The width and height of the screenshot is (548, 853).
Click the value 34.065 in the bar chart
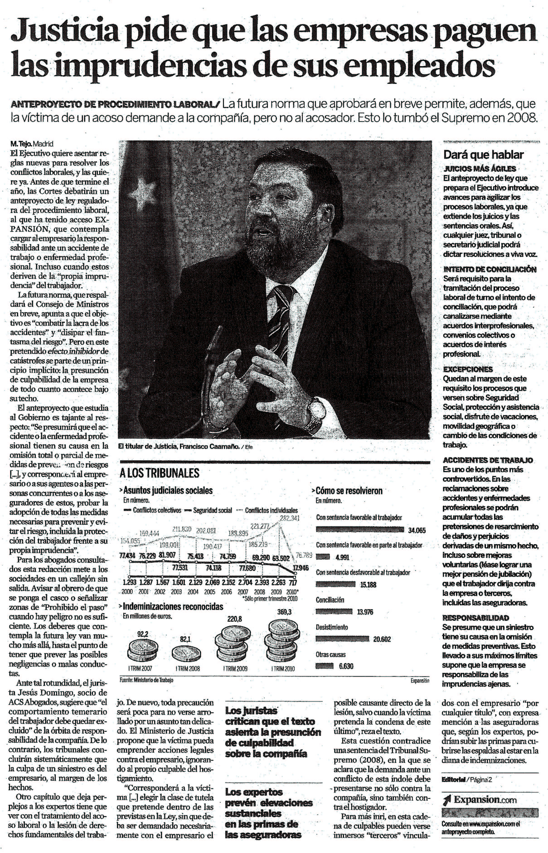pyautogui.click(x=417, y=530)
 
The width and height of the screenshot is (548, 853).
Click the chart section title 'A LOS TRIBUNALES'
pyautogui.click(x=159, y=473)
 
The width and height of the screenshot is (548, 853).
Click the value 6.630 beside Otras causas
pyautogui.click(x=346, y=666)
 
